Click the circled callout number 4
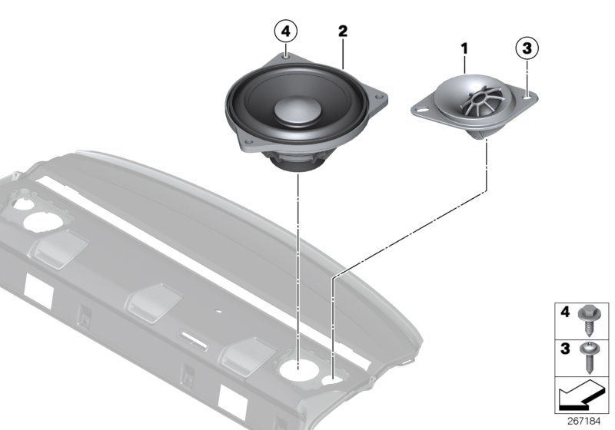(286, 31)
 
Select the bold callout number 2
(343, 31)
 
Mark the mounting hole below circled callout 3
(525, 97)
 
